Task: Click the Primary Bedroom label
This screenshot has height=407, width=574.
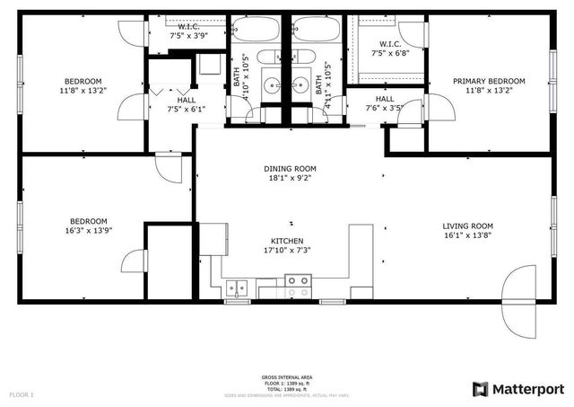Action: click(x=489, y=81)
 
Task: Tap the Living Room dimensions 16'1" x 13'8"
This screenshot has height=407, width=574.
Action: click(x=467, y=235)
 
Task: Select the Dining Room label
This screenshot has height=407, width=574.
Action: click(x=289, y=168)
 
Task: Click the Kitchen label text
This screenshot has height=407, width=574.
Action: click(x=288, y=241)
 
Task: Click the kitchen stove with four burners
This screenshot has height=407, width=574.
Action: click(x=298, y=287)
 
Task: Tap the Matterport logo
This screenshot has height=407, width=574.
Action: click(x=518, y=388)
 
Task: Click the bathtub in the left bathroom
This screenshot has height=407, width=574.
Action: click(x=257, y=29)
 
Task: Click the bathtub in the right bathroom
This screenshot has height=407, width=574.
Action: click(x=316, y=29)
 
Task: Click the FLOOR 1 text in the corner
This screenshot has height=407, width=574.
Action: click(x=22, y=394)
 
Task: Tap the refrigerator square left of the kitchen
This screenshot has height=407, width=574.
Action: click(x=212, y=239)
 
